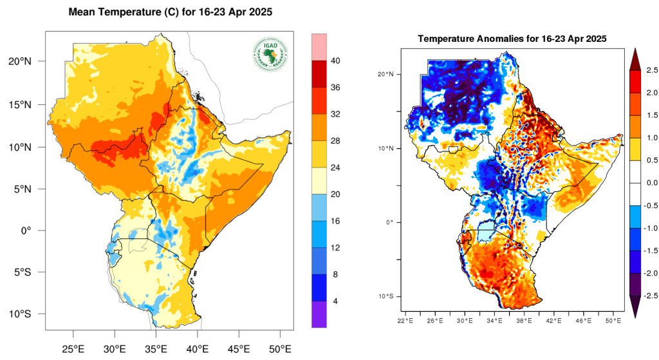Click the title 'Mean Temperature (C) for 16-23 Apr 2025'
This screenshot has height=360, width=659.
pyautogui.click(x=169, y=12)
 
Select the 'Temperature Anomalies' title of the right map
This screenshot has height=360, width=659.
pyautogui.click(x=512, y=39)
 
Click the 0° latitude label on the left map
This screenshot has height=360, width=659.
pyautogui.click(x=29, y=231)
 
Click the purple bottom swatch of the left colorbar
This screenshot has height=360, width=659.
pyautogui.click(x=320, y=315)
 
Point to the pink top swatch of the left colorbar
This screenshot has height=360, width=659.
pyautogui.click(x=320, y=47)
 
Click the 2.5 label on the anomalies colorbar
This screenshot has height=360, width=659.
pyautogui.click(x=651, y=70)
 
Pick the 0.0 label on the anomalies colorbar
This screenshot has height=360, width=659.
pyautogui.click(x=651, y=183)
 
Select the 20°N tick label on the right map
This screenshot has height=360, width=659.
pyautogui.click(x=385, y=74)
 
